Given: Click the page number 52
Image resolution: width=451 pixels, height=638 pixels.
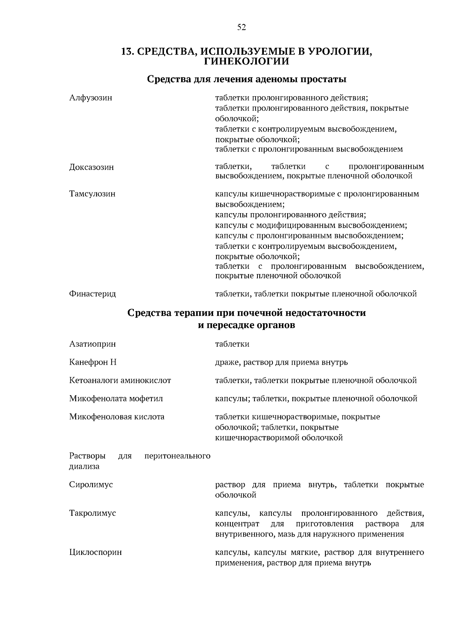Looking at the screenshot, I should pyautogui.click(x=241, y=27).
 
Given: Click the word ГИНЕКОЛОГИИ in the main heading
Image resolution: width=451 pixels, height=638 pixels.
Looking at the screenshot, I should pyautogui.click(x=247, y=61).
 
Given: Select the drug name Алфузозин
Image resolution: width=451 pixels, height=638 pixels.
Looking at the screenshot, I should pyautogui.click(x=91, y=98).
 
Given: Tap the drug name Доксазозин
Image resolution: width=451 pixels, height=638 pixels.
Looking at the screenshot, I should pyautogui.click(x=91, y=167).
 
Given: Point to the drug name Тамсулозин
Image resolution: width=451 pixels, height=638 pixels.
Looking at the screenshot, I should pyautogui.click(x=92, y=194).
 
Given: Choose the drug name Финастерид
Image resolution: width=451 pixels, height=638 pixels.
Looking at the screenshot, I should pyautogui.click(x=92, y=294).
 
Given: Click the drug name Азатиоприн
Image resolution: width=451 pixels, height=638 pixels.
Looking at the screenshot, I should pyautogui.click(x=92, y=344).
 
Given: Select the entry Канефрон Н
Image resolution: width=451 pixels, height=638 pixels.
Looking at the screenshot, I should pyautogui.click(x=93, y=362).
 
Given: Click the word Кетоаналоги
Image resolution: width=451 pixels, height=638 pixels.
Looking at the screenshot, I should pyautogui.click(x=94, y=380).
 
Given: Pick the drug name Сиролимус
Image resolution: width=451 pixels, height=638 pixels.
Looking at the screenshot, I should pyautogui.click(x=91, y=485).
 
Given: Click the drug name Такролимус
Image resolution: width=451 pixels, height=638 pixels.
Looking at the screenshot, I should pyautogui.click(x=92, y=513).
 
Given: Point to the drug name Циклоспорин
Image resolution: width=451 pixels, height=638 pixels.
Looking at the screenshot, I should pyautogui.click(x=95, y=553).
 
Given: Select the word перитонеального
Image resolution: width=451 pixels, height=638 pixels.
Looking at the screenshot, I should pyautogui.click(x=177, y=456).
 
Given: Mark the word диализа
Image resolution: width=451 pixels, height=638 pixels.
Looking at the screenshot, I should pyautogui.click(x=84, y=467).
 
